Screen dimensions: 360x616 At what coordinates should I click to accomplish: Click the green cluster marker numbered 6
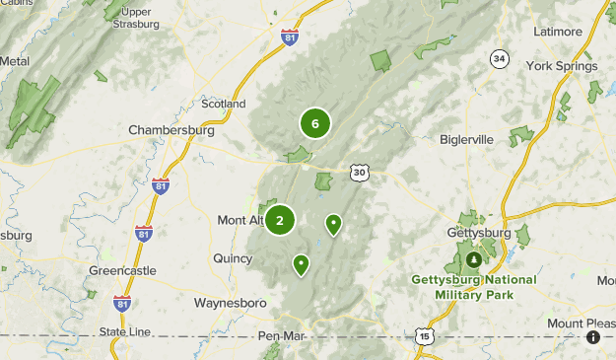coord(314,123)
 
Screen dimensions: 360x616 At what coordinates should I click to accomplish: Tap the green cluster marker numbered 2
coord(280,220)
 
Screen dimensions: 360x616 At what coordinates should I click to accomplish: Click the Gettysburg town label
coord(478,233)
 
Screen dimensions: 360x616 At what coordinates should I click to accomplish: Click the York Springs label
coord(562,66)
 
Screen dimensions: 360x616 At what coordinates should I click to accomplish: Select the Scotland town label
coord(223,104)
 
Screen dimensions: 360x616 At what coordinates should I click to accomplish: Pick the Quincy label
coord(233,258)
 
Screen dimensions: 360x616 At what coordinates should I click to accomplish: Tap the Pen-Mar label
coord(281,336)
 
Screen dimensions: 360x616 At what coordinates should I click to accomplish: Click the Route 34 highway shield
coord(500,60)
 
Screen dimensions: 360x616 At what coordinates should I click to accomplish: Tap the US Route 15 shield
coord(424,336)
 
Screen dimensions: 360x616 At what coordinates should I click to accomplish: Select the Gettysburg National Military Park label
coord(474,286)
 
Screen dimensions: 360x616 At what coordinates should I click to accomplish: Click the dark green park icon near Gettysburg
coord(474,259)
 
